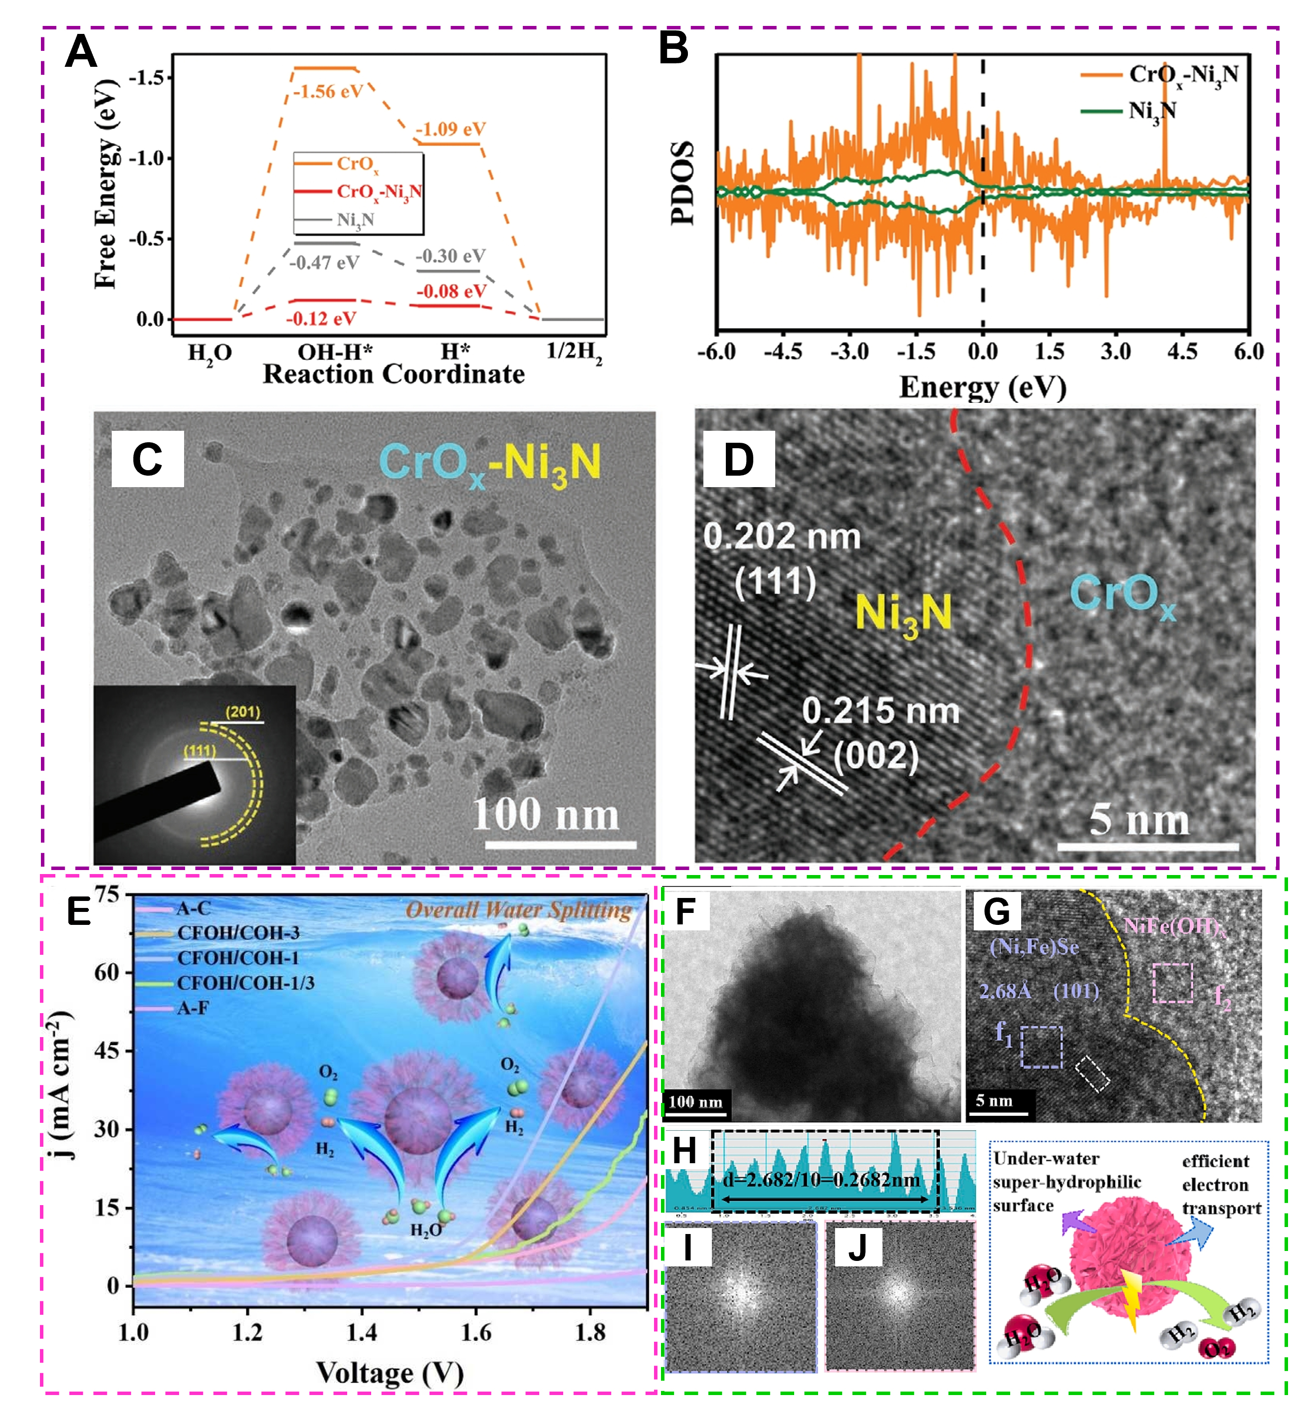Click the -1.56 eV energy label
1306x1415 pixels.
328,92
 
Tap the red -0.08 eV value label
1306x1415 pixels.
451,291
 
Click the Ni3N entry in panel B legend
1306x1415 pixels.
1152,112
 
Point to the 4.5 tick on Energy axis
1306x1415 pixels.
1182,351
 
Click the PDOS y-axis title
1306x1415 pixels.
682,183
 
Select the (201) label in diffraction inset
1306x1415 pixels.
242,711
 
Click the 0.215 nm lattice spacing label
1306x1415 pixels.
880,710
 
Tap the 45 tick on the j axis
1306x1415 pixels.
107,1051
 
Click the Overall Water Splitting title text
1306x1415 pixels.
518,910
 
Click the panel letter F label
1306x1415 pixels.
685,911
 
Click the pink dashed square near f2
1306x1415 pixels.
1172,983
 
